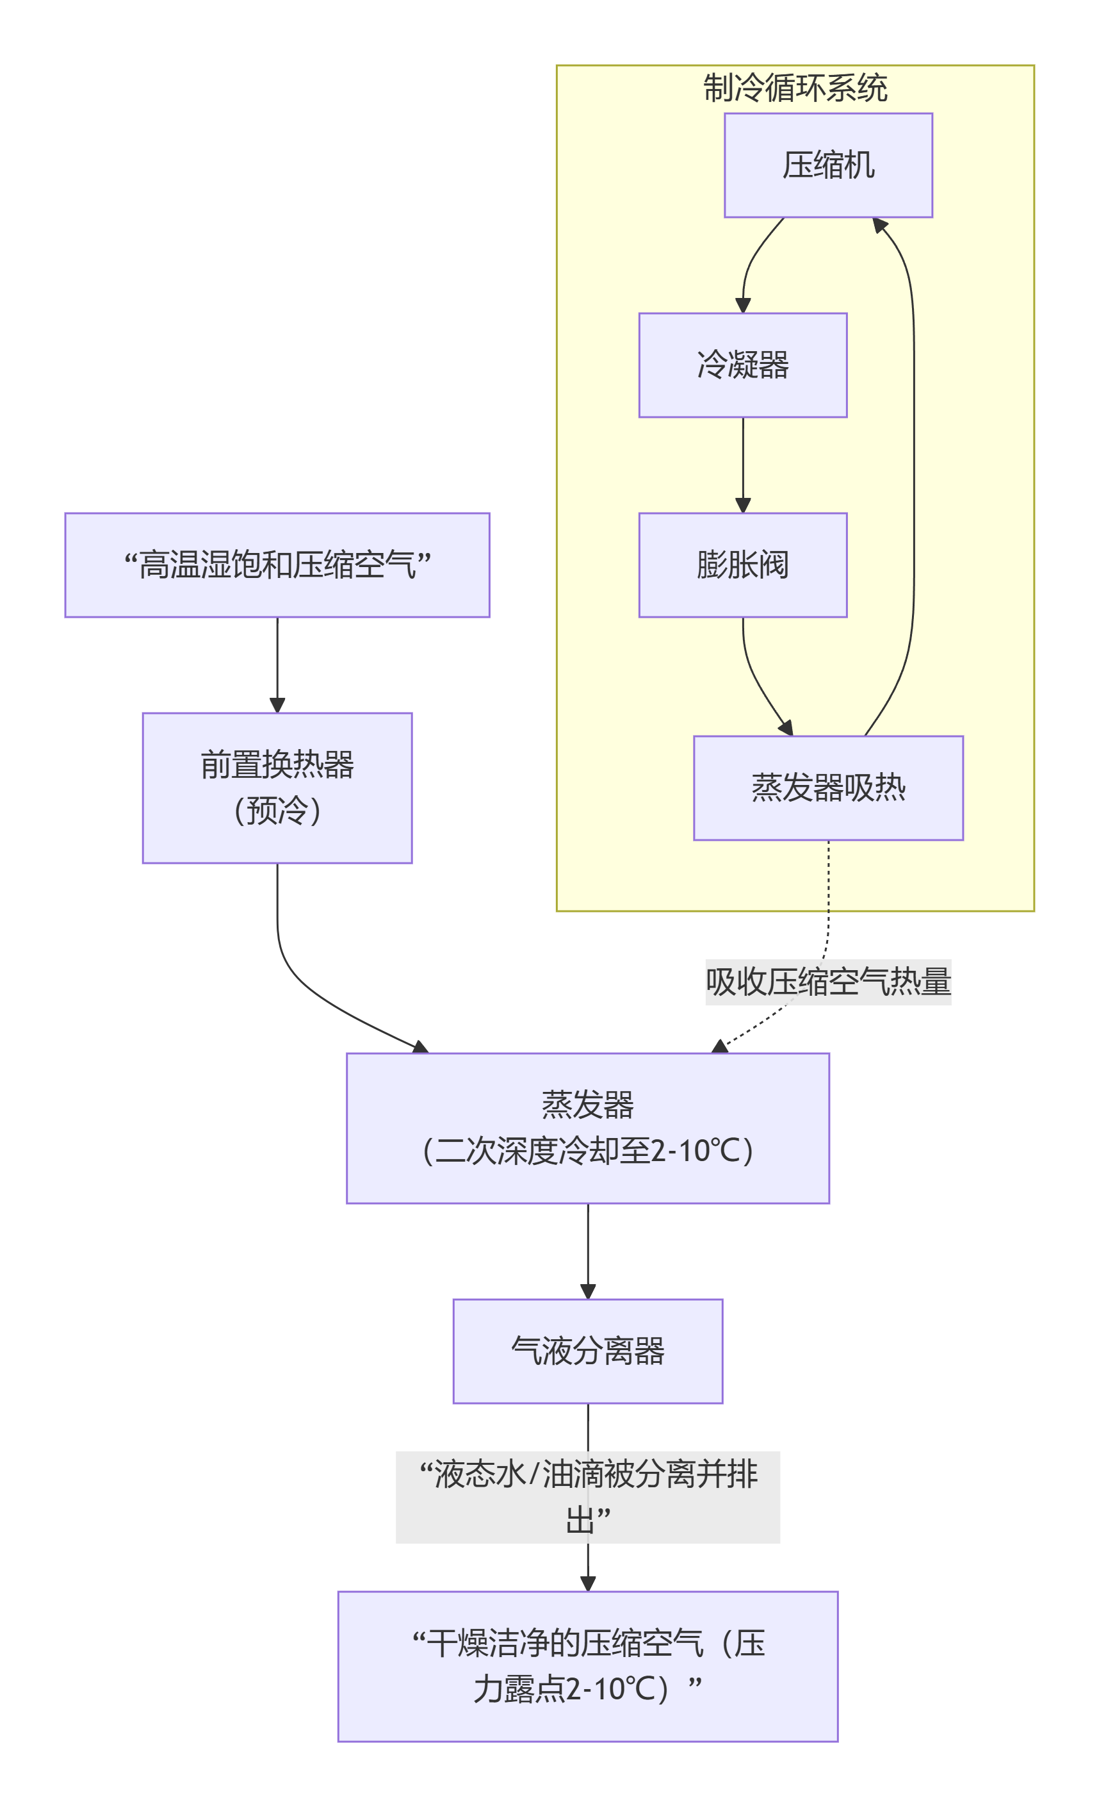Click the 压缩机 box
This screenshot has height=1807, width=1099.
(x=827, y=165)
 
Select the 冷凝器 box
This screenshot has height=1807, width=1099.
(x=742, y=365)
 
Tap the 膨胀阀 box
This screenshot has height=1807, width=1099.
(x=742, y=565)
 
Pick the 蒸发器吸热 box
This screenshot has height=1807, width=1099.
(x=827, y=788)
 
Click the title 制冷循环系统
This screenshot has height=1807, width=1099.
(x=795, y=88)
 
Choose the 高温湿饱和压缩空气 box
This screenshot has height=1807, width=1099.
(x=277, y=565)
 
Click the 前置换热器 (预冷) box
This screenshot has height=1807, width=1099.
(x=277, y=788)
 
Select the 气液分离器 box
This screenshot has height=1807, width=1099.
(x=587, y=1351)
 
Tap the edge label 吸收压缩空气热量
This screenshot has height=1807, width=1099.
(x=827, y=981)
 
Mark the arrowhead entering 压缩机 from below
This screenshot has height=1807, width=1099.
(x=879, y=225)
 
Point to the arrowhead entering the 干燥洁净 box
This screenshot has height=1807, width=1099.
(x=587, y=1583)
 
